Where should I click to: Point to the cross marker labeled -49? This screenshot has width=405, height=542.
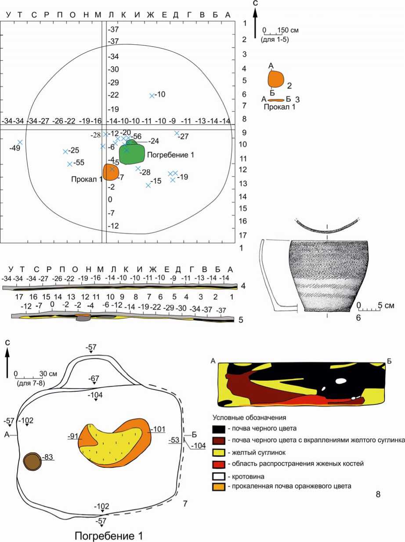(x=20, y=142)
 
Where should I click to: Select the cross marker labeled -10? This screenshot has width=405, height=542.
(x=152, y=95)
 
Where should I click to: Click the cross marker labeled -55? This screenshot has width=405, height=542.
(x=69, y=164)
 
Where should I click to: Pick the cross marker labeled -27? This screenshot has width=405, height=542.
(x=177, y=133)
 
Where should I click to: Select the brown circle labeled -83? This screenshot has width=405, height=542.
(x=32, y=462)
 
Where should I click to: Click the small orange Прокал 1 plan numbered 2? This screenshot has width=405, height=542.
(x=276, y=79)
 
